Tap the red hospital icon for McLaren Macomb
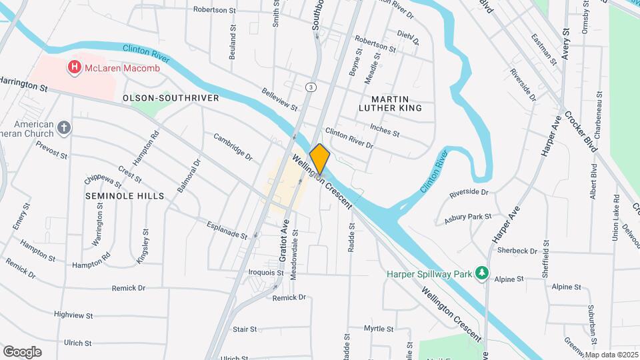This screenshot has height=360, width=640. coord(74,67)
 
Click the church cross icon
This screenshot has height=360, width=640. coord(64,128)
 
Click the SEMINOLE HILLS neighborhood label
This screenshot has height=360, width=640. coord(125,196)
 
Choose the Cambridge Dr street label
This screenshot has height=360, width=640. coord(233,147)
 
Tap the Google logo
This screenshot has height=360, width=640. coord(23,351)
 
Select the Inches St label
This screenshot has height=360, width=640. coord(384,129)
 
